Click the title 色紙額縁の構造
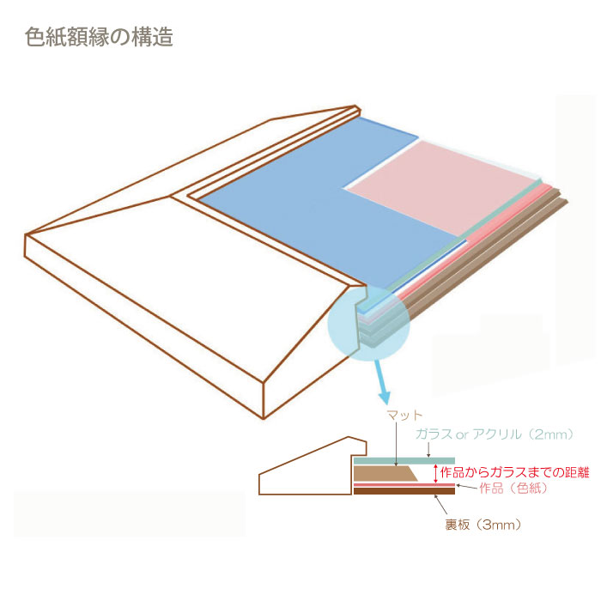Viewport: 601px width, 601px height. point(99,37)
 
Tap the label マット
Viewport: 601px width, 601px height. point(404,415)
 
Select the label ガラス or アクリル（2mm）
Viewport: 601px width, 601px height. point(495,434)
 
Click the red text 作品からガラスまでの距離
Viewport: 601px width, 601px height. point(514,472)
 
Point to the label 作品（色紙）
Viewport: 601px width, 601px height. point(513,489)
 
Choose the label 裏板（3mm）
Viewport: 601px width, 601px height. point(483,525)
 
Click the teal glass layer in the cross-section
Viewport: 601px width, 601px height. point(404,461)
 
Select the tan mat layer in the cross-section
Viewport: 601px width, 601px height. point(385,473)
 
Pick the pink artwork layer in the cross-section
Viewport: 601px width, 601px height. point(404,485)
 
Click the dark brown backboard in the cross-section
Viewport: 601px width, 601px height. point(404,491)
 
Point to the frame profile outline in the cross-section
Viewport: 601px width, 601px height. point(313,466)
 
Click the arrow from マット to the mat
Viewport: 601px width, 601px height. point(397,444)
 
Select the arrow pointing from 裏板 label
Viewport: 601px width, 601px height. point(440,504)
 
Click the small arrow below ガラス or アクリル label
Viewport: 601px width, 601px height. point(428,450)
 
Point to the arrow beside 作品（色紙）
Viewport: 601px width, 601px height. point(467,487)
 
